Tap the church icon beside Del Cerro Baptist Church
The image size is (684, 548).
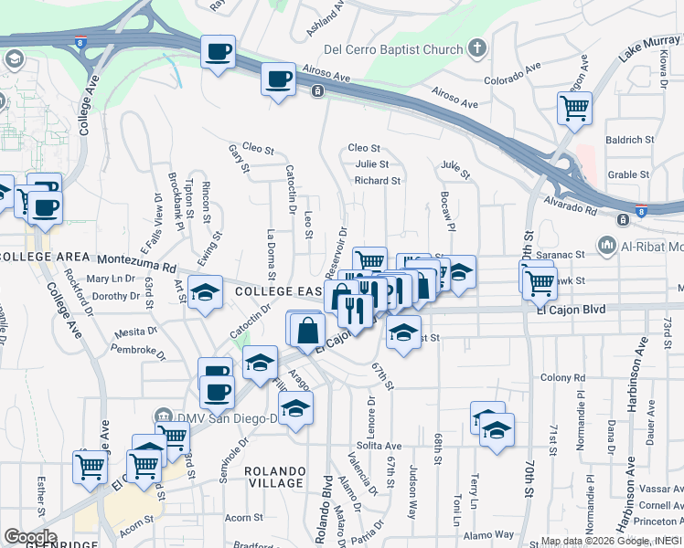[x=476, y=47]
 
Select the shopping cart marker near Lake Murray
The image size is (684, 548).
[x=574, y=109]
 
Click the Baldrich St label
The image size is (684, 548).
[x=629, y=140]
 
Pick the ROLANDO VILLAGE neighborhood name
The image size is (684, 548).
[x=274, y=476]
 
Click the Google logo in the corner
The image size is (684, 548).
[x=30, y=536]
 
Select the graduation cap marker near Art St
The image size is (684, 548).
[x=206, y=292]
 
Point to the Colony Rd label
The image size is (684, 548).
[x=561, y=377]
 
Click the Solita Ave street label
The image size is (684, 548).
[x=379, y=445]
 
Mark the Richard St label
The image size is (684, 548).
[x=378, y=181]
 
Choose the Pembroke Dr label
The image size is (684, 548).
[x=137, y=349]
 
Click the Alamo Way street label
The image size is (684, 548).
[x=489, y=535]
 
